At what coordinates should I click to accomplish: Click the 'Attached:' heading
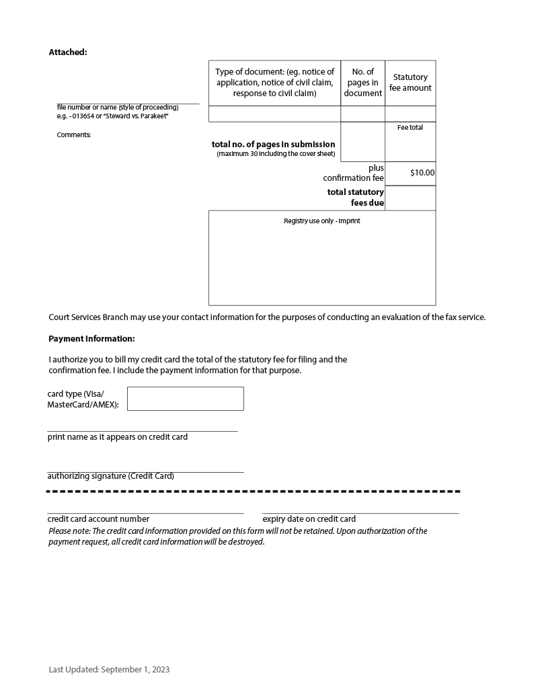[68, 52]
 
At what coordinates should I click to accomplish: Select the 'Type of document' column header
[274, 83]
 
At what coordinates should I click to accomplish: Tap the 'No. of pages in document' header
[362, 83]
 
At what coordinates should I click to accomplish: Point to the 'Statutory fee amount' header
[410, 83]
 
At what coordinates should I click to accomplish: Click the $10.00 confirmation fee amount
[422, 173]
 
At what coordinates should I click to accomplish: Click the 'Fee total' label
[410, 128]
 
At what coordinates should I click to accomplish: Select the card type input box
[185, 399]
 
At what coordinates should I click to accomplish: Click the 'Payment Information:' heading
[91, 339]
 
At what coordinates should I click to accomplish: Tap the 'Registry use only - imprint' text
[321, 221]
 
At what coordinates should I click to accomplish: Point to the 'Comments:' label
[73, 135]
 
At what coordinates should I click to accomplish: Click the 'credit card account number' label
[98, 519]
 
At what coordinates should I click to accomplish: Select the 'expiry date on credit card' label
[309, 519]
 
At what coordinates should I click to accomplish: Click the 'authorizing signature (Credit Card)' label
[110, 476]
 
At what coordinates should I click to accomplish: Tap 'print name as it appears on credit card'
[117, 437]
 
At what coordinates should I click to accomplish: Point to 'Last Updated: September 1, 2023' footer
[109, 670]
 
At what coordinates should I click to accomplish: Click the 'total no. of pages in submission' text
[273, 145]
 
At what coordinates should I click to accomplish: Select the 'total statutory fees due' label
[356, 197]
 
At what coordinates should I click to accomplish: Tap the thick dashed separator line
[253, 492]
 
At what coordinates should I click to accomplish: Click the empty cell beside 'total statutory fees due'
[410, 198]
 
